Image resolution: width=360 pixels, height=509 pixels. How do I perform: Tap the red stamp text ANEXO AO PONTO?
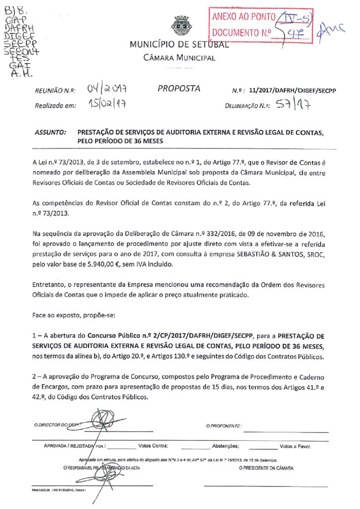[244, 17]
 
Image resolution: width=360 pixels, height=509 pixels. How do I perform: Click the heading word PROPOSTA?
[179, 89]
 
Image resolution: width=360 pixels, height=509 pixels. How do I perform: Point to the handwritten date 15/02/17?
[106, 105]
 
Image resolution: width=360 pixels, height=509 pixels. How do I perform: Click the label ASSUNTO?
[50, 133]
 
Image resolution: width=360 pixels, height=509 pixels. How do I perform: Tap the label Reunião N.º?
[55, 91]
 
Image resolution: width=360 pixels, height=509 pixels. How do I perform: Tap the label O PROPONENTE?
[224, 426]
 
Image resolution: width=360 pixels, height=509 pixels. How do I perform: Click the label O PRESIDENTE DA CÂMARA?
[266, 468]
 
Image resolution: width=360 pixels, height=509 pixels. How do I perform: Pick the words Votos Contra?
[153, 446]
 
